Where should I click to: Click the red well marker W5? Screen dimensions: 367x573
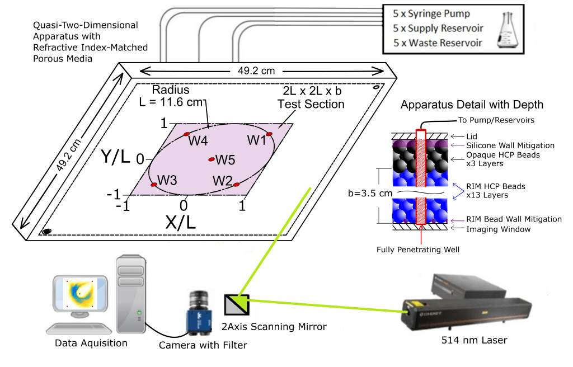pos(212,159)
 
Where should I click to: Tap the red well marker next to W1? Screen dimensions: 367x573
pos(269,134)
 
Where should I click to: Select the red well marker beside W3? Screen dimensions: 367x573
pos(154,184)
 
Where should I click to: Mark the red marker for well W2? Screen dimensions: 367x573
pos(236,184)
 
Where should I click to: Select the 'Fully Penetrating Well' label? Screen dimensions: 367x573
pos(419,249)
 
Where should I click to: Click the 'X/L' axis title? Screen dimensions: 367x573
pos(181,222)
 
